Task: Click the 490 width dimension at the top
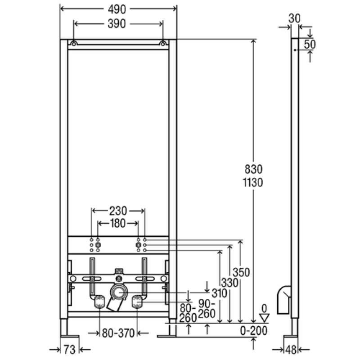point(117,9)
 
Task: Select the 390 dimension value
point(117,24)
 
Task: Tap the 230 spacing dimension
point(118,211)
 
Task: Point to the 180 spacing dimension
point(118,223)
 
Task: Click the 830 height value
point(253,170)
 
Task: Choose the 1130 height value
point(253,183)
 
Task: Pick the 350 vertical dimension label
point(241,273)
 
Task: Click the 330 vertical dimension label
point(229,283)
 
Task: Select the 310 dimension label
point(219,293)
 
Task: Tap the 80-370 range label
point(118,333)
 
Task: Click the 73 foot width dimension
point(69,350)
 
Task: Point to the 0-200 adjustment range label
point(254,331)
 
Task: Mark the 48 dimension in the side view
point(291,350)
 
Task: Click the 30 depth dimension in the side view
point(295,18)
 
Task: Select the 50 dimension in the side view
point(310,44)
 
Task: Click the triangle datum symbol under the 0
point(264,318)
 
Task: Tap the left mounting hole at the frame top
point(73,44)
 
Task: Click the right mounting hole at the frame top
point(163,44)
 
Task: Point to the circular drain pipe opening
point(118,292)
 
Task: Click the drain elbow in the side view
point(284,300)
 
